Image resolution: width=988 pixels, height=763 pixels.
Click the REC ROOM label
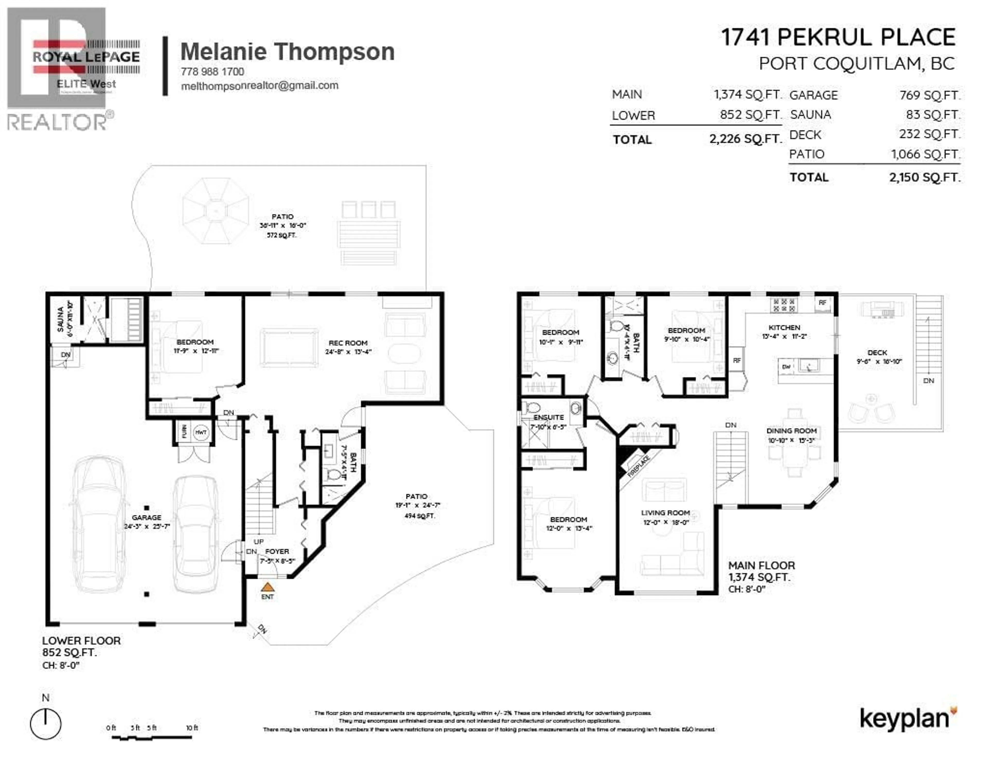tap(348, 343)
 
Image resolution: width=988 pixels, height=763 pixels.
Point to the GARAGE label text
tap(147, 517)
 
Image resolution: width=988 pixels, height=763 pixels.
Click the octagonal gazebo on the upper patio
tap(216, 211)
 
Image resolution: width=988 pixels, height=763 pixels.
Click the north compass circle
tap(46, 724)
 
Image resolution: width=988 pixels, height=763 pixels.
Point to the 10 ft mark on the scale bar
tap(192, 728)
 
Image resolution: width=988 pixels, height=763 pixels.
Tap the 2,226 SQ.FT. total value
tap(745, 139)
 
